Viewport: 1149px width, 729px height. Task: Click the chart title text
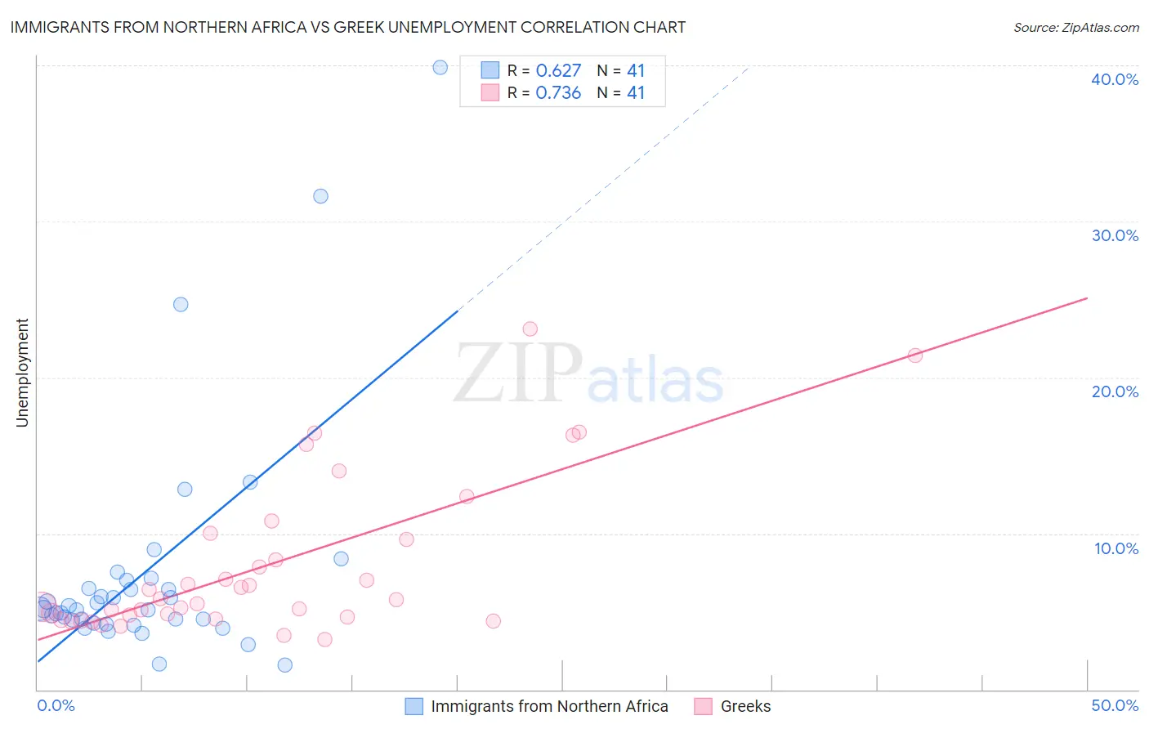(347, 27)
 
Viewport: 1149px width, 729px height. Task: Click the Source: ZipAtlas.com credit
(1075, 27)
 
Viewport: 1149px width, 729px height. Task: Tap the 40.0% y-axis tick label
(1114, 79)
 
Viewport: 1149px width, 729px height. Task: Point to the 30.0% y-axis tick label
(1114, 235)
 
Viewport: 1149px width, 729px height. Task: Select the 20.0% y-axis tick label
(1114, 391)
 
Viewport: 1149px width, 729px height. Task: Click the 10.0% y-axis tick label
(1115, 548)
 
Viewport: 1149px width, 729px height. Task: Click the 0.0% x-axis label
(56, 705)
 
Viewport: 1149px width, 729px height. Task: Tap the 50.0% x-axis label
(1114, 705)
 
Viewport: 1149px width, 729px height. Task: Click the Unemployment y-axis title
(23, 373)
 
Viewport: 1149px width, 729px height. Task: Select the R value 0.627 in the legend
(558, 70)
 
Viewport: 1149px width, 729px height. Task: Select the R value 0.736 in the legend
(558, 93)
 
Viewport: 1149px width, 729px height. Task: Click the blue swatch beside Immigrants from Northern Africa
(414, 706)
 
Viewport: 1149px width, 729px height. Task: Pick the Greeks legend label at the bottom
(745, 706)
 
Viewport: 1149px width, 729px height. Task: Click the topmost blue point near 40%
(440, 68)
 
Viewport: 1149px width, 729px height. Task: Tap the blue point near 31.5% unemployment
(320, 196)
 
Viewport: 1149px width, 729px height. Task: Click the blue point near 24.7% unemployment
(181, 304)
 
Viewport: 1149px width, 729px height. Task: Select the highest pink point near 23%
(530, 329)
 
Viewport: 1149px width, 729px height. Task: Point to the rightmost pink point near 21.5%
(915, 355)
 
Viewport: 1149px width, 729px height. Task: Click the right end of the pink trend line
(1087, 298)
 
